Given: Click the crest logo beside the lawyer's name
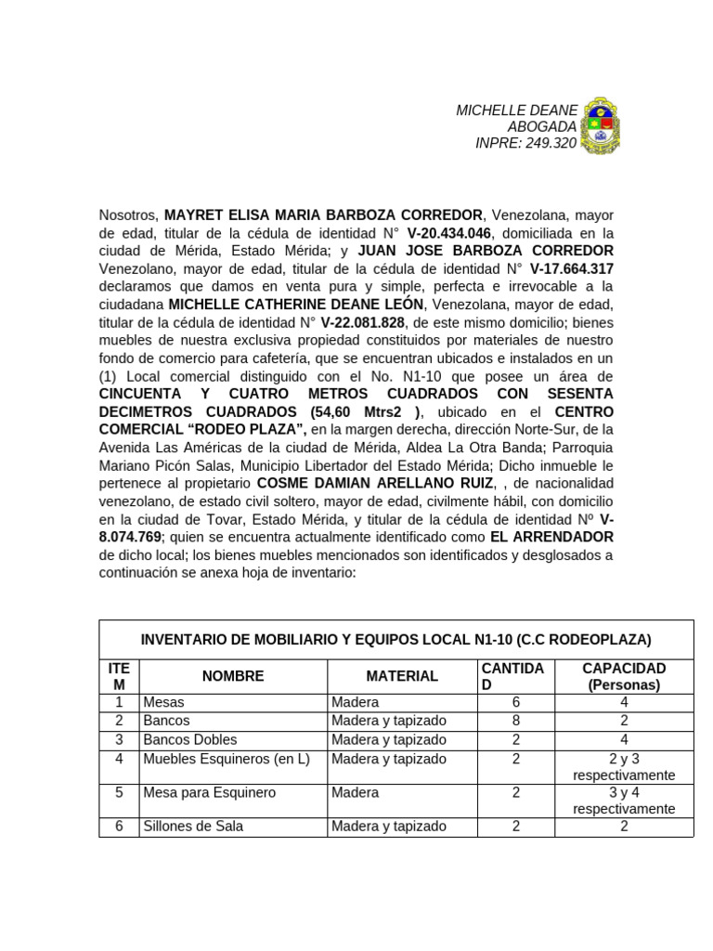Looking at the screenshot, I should coord(599,124).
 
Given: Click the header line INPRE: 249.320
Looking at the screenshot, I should coord(525,143).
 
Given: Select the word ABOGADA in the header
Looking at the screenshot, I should coord(541,126).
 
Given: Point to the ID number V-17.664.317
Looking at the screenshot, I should coord(571,269).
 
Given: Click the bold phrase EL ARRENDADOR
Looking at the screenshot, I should coord(551,538).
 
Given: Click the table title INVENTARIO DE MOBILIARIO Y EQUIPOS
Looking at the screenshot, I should coord(395,640).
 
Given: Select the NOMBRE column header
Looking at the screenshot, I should coord(233,676).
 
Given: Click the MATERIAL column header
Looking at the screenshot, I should coord(401,676).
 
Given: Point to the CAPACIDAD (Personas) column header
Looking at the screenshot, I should coord(623,676).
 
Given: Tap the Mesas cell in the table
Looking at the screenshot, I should coord(164,703).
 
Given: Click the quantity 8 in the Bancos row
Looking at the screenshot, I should coord(515,721).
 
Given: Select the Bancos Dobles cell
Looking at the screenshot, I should coord(190,740).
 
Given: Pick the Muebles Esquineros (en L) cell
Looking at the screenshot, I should coord(226,759).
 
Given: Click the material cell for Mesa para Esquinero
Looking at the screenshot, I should coord(356,792).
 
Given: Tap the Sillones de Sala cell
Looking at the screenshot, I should coord(193,827).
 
